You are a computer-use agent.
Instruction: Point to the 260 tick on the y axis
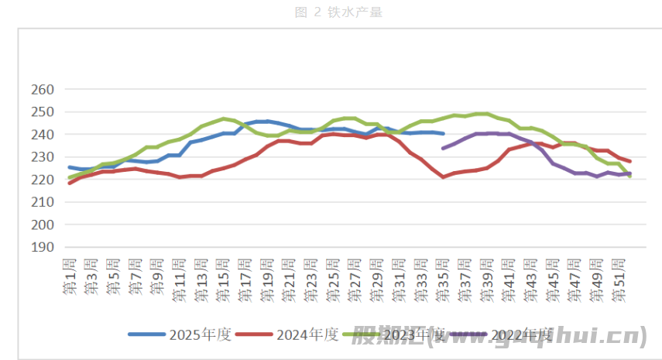click(x=43, y=90)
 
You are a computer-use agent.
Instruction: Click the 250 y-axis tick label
click(x=43, y=112)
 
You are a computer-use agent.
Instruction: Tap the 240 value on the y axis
click(x=43, y=135)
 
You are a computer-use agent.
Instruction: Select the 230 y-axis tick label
click(x=43, y=157)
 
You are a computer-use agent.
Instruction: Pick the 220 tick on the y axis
click(x=43, y=180)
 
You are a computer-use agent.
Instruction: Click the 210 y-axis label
click(x=43, y=202)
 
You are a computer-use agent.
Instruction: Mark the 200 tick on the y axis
click(x=43, y=225)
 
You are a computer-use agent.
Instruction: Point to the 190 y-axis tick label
click(x=43, y=247)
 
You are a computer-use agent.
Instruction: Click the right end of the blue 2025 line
click(x=443, y=133)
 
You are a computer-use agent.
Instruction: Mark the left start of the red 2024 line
click(x=70, y=183)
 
